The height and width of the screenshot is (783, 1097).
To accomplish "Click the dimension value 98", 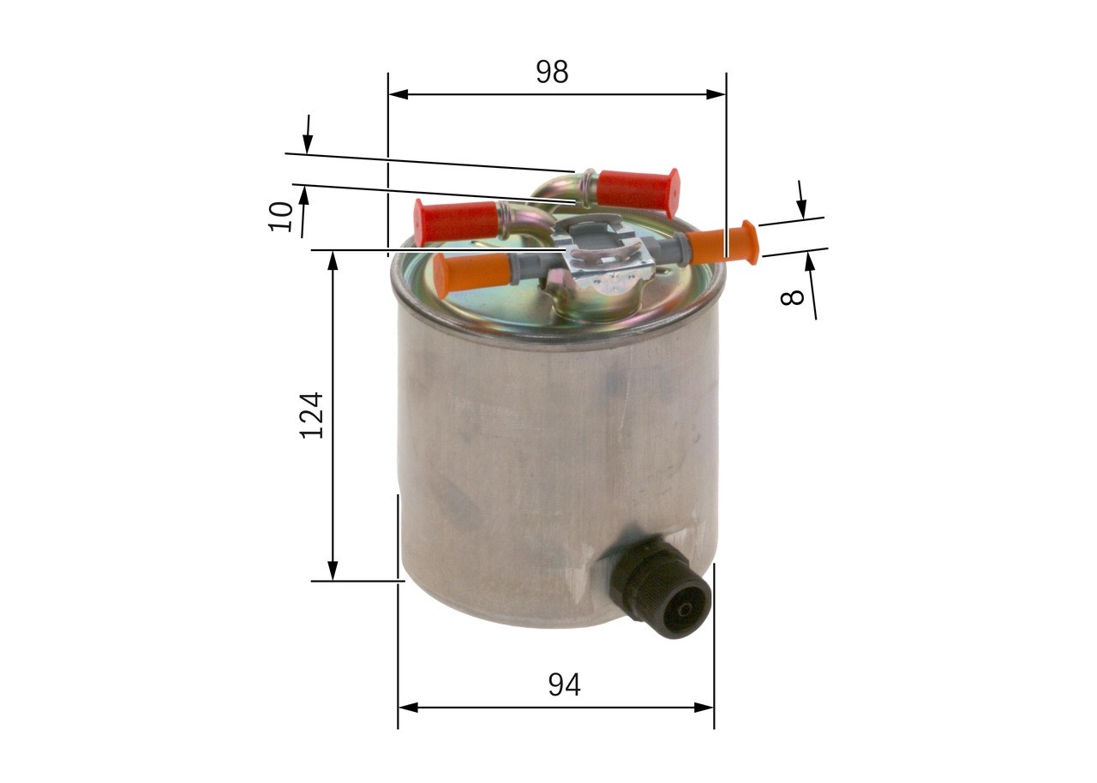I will coord(552,73).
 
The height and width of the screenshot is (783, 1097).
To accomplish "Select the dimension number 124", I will coord(312,415).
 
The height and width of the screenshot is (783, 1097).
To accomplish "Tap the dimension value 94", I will coord(564,684).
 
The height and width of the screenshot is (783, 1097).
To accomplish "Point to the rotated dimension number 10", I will coord(280,216).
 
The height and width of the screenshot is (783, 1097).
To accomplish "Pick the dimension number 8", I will coord(793,296).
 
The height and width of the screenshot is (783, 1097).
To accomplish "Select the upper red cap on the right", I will coord(638,190).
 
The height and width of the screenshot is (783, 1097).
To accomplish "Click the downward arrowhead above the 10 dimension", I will coord(307,145).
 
